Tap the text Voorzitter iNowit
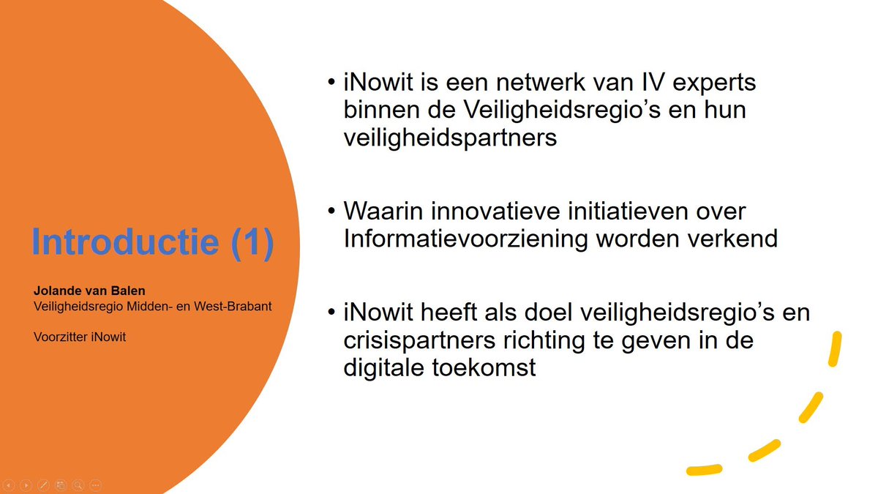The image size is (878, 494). tap(80, 337)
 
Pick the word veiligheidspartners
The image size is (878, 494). tap(450, 138)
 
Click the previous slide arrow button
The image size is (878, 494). tap(9, 484)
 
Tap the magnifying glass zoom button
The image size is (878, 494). tap(78, 484)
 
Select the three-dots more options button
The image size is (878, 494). tap(95, 484)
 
